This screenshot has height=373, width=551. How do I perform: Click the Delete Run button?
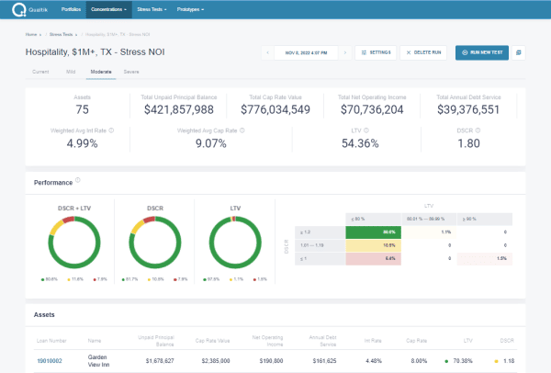click(424, 52)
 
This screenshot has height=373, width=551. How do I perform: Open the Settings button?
click(376, 52)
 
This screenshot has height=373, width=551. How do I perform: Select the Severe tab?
click(131, 70)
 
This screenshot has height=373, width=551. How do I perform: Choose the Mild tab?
click(71, 70)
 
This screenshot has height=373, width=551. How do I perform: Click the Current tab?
click(40, 70)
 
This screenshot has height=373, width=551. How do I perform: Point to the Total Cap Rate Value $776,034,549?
click(280, 109)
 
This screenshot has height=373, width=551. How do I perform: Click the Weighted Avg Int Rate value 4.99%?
click(82, 143)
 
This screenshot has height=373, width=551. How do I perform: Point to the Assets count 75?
click(82, 109)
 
